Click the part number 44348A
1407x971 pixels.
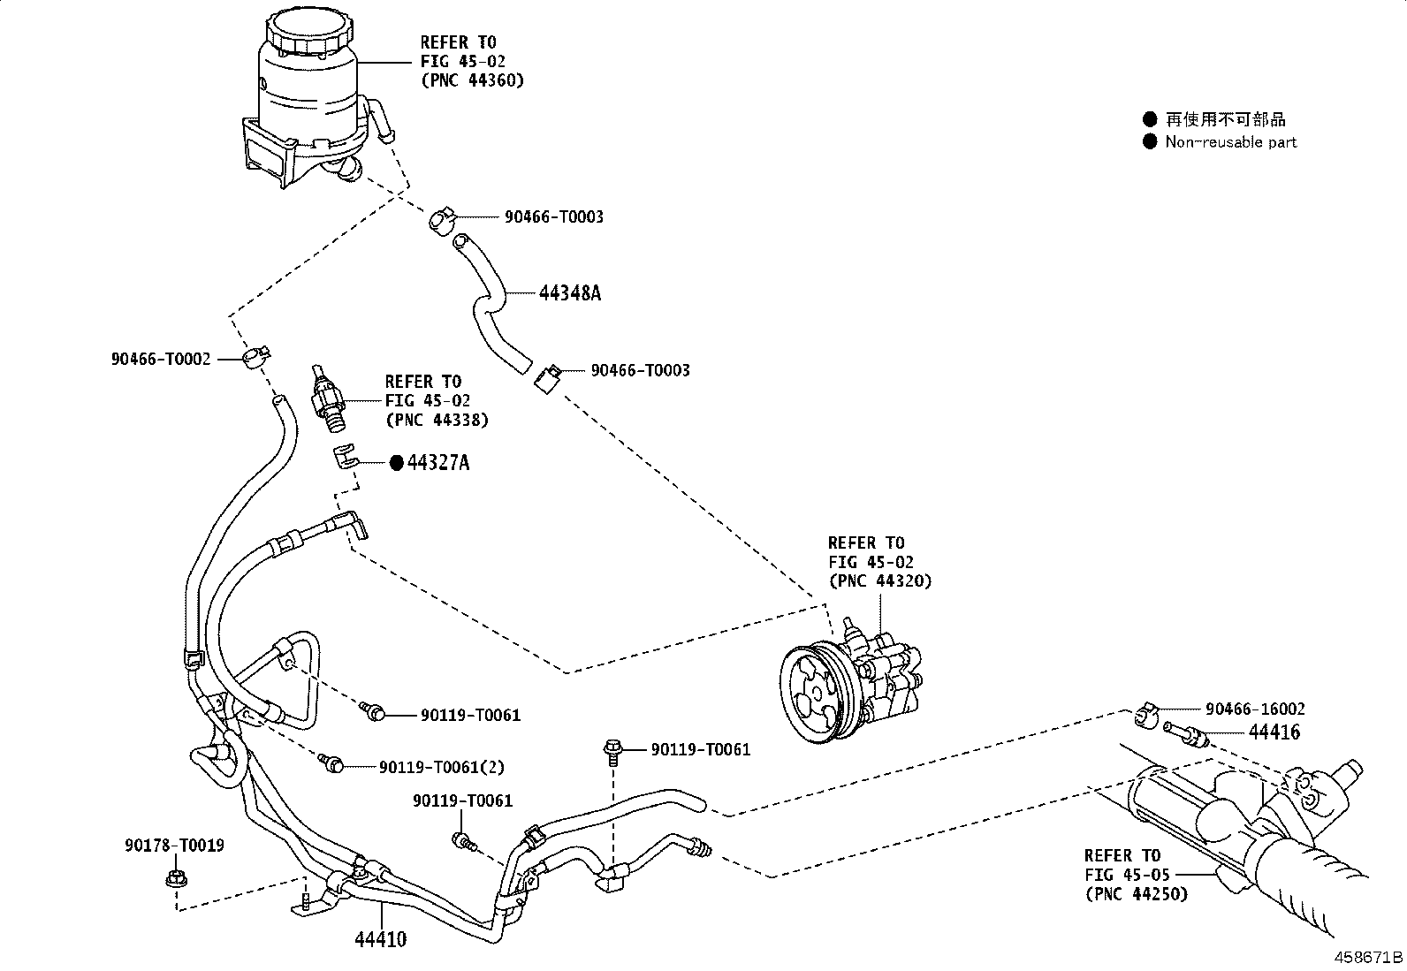point(569,293)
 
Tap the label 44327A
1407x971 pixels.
point(437,462)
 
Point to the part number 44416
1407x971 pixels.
point(1274,732)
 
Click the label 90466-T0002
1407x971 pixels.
point(161,359)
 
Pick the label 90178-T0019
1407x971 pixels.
point(174,846)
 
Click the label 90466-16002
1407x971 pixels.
point(1255,709)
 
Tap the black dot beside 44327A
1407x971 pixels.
point(397,462)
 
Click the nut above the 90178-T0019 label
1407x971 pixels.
point(174,879)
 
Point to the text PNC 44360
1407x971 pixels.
point(473,80)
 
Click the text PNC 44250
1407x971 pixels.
point(1137,893)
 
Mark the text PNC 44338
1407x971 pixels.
point(437,420)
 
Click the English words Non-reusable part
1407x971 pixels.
point(1230,142)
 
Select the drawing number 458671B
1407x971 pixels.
point(1368,958)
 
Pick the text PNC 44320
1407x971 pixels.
point(879,580)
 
